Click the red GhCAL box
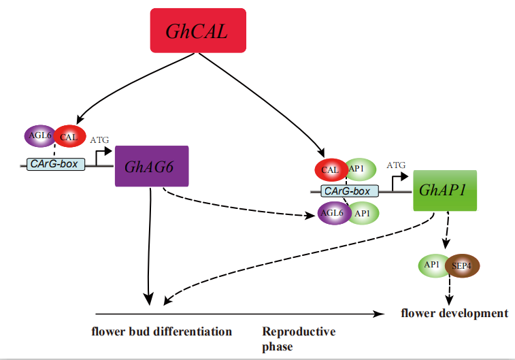[197, 30]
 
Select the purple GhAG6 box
[152, 166]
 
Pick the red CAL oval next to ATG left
[68, 137]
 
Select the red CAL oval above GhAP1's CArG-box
[330, 169]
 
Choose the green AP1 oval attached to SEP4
[434, 265]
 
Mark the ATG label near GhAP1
[396, 165]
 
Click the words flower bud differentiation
[161, 331]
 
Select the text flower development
[454, 313]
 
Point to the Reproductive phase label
[299, 338]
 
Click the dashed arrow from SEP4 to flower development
[449, 291]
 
